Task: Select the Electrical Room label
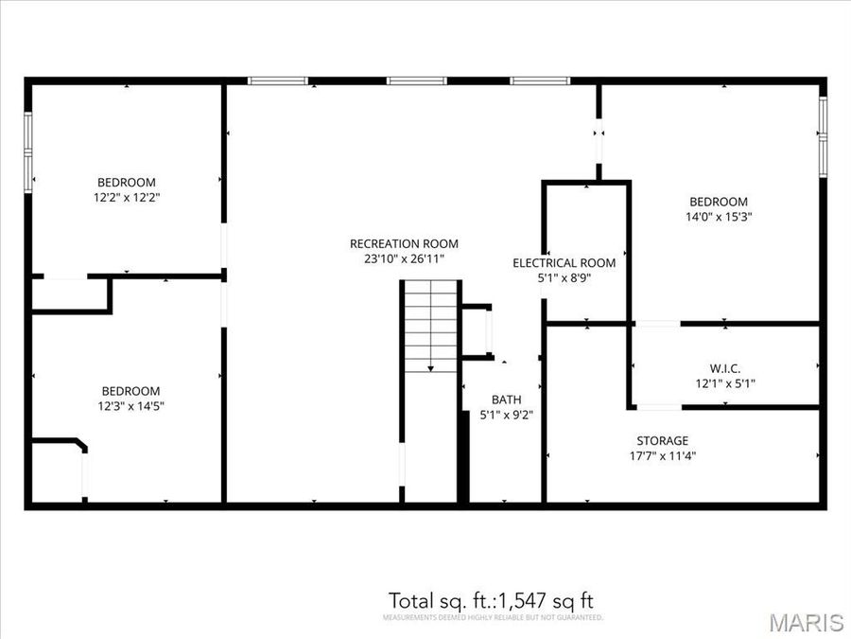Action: (564, 263)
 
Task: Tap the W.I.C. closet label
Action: (724, 367)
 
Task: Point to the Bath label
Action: (506, 399)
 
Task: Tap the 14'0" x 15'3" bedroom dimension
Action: (719, 217)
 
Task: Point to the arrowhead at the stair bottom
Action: (430, 367)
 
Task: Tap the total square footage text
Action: (491, 600)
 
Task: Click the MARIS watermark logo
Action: (806, 622)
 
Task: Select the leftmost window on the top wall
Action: (278, 81)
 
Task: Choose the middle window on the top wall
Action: (416, 81)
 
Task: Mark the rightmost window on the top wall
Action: (540, 81)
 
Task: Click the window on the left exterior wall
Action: (28, 151)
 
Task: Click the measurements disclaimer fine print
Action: (492, 617)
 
